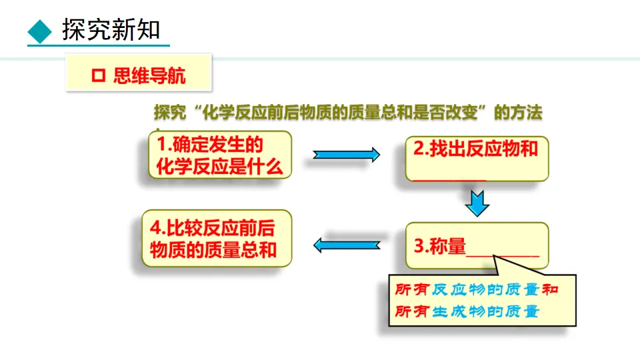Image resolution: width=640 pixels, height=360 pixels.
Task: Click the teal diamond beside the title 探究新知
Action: tap(40, 30)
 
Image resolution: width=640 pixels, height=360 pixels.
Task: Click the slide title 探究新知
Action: tap(111, 30)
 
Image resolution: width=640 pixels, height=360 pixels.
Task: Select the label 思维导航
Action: tap(150, 76)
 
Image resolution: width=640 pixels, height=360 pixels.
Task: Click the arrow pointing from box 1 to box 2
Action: tap(346, 155)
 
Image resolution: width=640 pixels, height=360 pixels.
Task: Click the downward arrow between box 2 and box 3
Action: tap(477, 203)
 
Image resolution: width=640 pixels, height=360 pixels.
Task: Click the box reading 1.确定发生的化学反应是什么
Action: tap(219, 155)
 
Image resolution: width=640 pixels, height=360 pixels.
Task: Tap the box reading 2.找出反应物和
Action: tap(476, 157)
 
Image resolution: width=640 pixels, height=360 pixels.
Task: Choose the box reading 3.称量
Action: tap(476, 247)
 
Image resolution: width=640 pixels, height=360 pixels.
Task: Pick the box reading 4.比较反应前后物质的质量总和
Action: tap(216, 239)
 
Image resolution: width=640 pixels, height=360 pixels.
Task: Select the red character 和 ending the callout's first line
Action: tap(550, 290)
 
